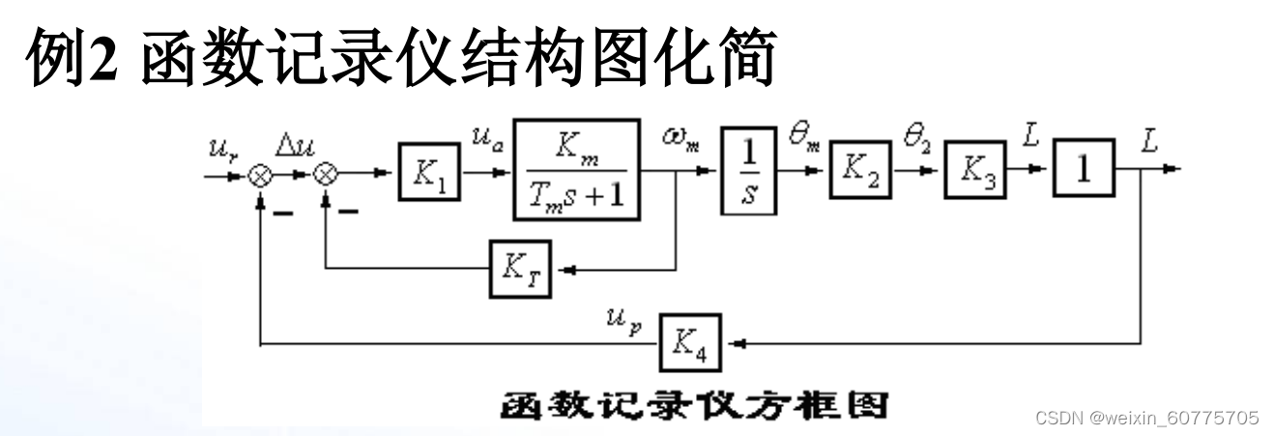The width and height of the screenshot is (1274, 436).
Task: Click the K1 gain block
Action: (x=429, y=170)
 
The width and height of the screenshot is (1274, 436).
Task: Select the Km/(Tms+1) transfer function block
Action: (x=577, y=169)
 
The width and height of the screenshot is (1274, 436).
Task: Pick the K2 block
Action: (x=859, y=169)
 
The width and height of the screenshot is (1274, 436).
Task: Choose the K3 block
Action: (x=975, y=169)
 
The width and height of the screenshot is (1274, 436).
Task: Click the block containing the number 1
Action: (x=1085, y=169)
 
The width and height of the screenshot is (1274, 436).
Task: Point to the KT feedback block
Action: (x=520, y=268)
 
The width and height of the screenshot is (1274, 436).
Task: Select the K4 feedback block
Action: (x=691, y=342)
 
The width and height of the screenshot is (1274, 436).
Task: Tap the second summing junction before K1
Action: (x=327, y=175)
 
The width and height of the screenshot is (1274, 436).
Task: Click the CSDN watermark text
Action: (x=1146, y=418)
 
